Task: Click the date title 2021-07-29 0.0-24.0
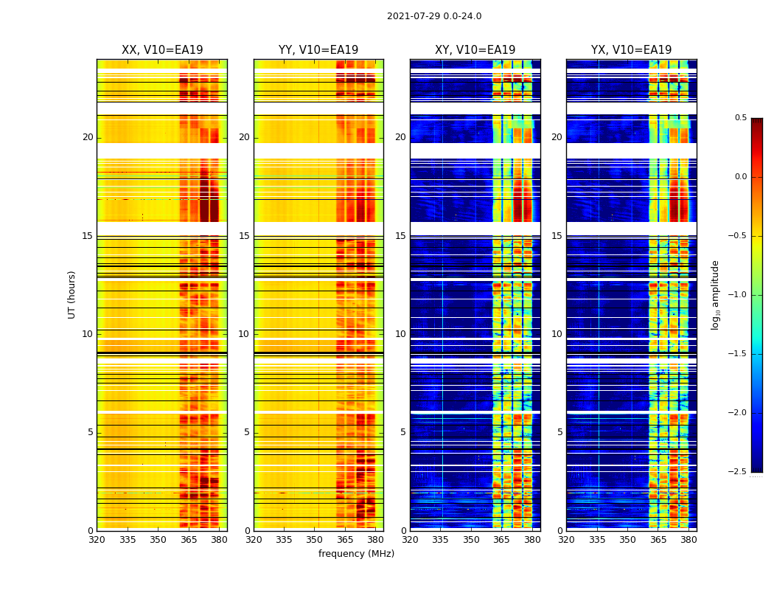tap(434, 16)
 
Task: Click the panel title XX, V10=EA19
tap(162, 50)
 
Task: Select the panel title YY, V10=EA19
tap(318, 50)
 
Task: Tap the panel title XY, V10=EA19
tap(475, 50)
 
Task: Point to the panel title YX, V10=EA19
tap(631, 50)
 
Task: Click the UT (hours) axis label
tap(72, 294)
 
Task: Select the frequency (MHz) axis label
tap(356, 554)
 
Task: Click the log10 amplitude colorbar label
tap(715, 294)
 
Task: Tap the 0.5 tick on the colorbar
tap(740, 118)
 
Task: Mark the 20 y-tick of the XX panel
tap(88, 137)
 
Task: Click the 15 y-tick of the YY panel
tap(244, 236)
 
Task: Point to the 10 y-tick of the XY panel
tap(400, 334)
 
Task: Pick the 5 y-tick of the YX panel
tap(559, 432)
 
